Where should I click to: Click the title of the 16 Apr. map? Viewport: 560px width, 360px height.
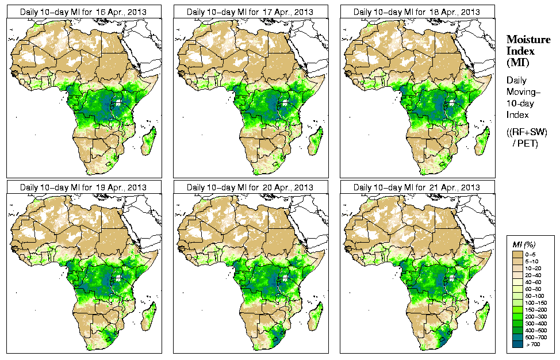click(x=83, y=12)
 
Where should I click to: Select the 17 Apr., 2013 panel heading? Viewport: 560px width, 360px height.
click(x=250, y=12)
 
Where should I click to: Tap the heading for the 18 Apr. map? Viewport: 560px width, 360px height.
click(x=416, y=12)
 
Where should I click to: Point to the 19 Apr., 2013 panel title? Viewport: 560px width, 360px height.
click(x=83, y=187)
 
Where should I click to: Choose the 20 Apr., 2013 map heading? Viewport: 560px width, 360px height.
click(x=250, y=187)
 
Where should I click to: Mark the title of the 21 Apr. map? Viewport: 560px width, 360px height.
click(x=416, y=187)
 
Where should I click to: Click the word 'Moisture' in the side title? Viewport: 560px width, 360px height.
click(x=528, y=39)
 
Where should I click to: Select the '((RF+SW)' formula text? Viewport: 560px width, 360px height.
click(x=527, y=132)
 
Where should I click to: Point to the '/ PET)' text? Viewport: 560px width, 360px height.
click(x=526, y=143)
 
